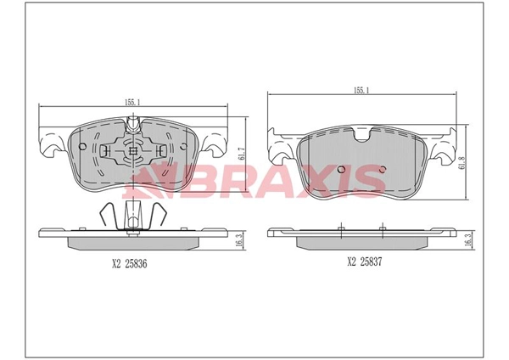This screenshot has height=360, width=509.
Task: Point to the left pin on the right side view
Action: pyautogui.click(x=340, y=228)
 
